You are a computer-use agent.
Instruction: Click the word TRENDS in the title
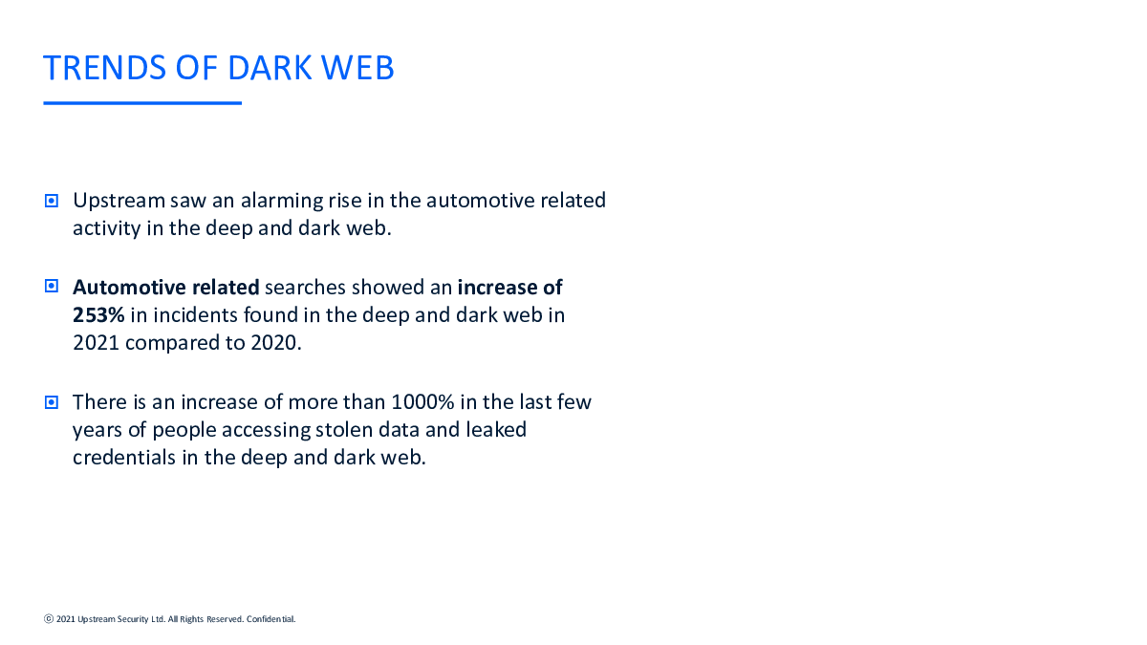[x=104, y=68]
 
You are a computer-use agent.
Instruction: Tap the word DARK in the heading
[x=270, y=68]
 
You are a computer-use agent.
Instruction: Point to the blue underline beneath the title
[x=142, y=103]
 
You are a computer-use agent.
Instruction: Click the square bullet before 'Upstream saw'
[x=52, y=200]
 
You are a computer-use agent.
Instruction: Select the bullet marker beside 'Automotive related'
[x=52, y=286]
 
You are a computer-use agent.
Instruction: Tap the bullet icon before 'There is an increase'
[x=52, y=402]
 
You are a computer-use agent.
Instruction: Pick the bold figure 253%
[x=98, y=314]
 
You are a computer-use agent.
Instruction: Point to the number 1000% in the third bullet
[x=422, y=402]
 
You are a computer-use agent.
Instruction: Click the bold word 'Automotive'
[x=130, y=288]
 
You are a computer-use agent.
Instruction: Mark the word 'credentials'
[x=124, y=458]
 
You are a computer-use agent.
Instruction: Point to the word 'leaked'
[x=496, y=430]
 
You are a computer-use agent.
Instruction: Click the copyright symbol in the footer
[x=49, y=619]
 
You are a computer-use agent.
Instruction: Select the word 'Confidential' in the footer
[x=271, y=619]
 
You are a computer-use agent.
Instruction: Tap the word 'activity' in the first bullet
[x=106, y=228]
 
